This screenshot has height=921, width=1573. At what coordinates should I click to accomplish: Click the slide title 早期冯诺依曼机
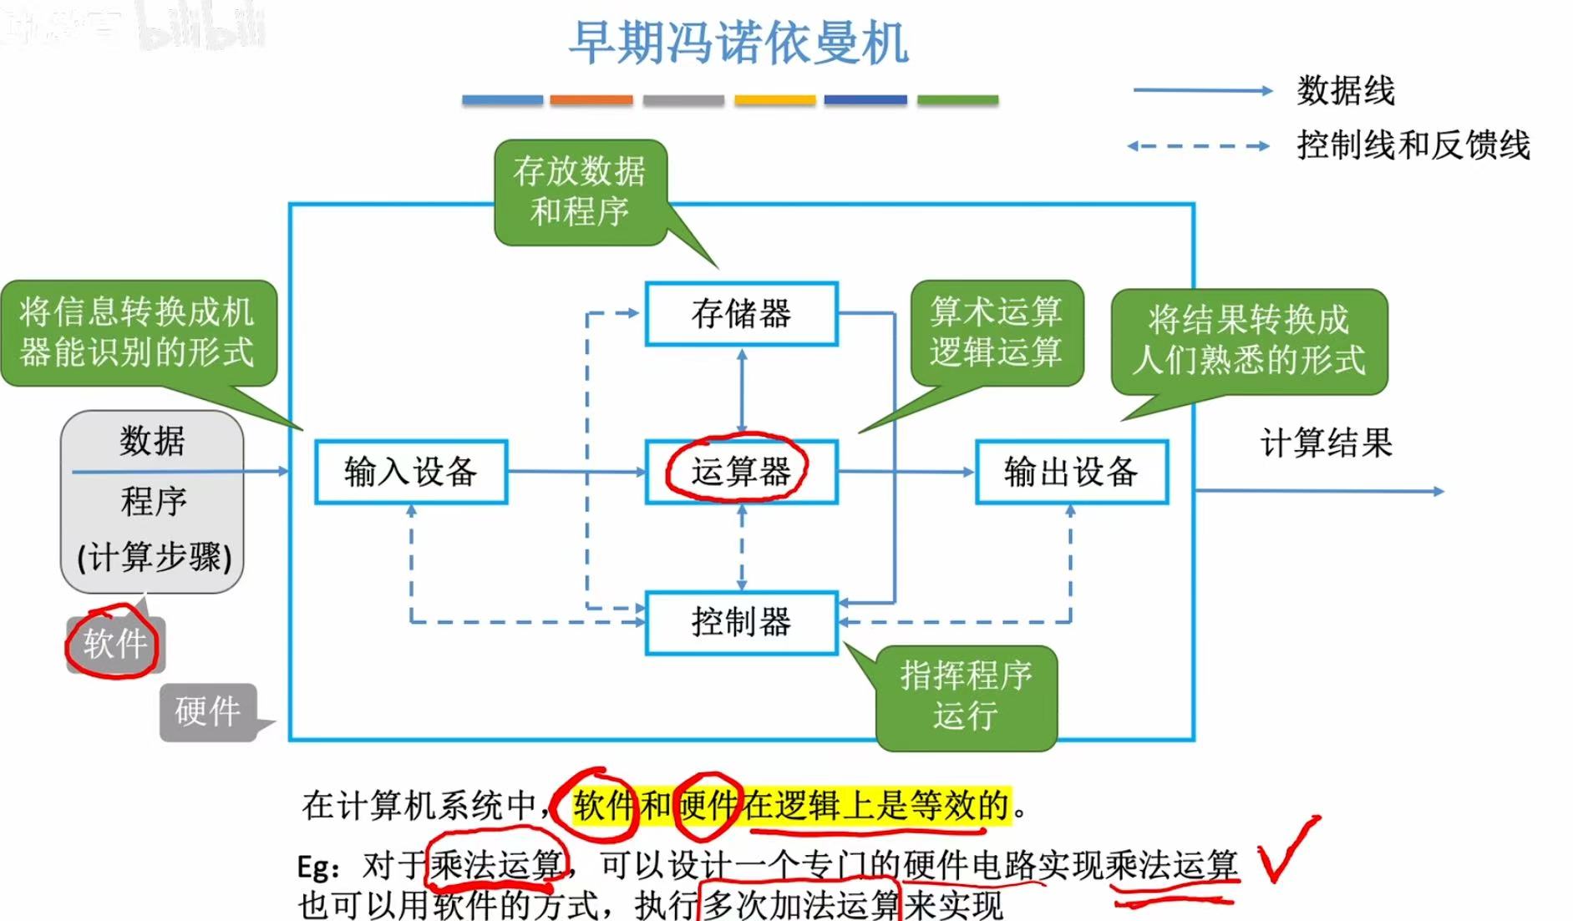[738, 43]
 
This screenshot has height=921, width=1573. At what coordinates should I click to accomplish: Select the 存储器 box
[741, 314]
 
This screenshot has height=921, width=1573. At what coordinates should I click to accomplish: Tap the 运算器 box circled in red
[741, 472]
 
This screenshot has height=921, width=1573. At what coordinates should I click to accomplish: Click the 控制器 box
[741, 622]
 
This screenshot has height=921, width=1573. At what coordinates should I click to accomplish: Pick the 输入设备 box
[410, 472]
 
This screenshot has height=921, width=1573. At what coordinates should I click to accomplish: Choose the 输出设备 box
[1071, 472]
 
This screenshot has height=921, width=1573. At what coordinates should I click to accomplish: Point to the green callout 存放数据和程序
[580, 191]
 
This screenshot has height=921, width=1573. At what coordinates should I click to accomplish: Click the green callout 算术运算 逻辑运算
[996, 332]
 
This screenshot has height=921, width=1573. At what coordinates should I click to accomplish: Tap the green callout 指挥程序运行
[966, 696]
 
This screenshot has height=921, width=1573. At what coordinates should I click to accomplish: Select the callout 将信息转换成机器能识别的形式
[137, 332]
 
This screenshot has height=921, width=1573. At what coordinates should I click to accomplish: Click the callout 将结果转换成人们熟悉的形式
[1248, 340]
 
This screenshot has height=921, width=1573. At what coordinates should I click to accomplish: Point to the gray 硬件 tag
[207, 711]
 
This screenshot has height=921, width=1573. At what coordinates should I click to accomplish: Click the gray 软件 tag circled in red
[115, 644]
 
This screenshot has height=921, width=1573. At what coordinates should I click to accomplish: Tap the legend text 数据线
[1345, 90]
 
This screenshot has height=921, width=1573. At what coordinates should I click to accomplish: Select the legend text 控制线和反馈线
[1413, 145]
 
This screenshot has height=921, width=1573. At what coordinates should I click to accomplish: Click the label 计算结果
[1326, 443]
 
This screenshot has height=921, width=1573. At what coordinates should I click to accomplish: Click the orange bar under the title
[591, 100]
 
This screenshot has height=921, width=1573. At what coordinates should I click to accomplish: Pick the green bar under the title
[957, 100]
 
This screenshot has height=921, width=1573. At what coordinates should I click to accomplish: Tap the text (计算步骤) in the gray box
[155, 557]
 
